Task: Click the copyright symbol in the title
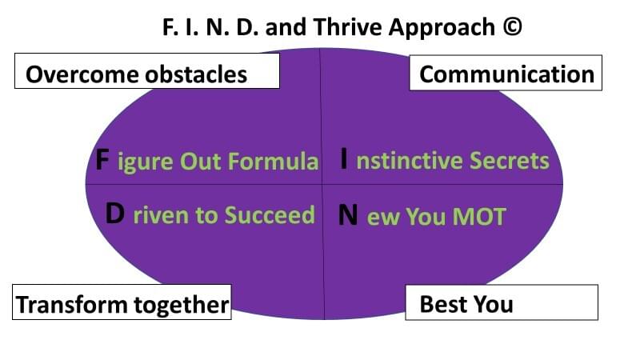[512, 27]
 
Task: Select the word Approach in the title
[442, 29]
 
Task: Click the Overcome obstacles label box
[147, 70]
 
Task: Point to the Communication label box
[506, 73]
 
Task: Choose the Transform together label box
[122, 302]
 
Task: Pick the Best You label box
[502, 302]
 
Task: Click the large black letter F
[102, 159]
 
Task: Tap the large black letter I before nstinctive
[344, 159]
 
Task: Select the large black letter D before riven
[114, 213]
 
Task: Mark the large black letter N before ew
[348, 215]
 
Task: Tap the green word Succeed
[270, 214]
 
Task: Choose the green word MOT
[479, 216]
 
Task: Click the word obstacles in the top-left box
[196, 74]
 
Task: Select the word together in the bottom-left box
[182, 305]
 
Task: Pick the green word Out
[201, 161]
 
